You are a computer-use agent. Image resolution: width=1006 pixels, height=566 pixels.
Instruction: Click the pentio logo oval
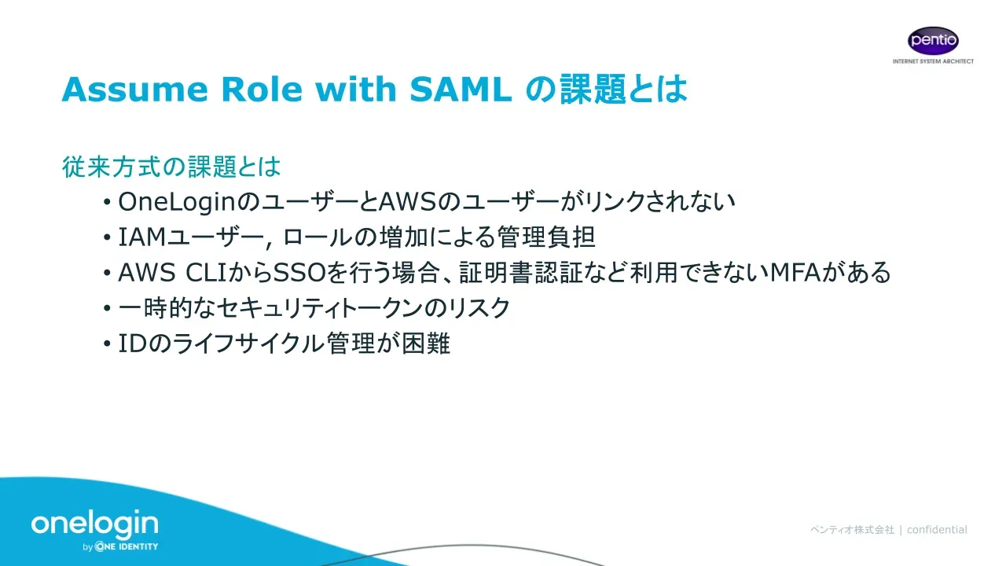coord(933,40)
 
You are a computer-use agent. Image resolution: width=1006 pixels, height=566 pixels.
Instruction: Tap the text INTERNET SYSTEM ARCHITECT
coord(933,61)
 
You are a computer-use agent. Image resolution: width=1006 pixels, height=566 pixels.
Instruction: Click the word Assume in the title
coord(134,89)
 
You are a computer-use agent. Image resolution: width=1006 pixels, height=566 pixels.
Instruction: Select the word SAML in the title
coord(461,89)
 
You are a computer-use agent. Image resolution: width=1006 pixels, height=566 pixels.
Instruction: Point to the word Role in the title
coord(262,89)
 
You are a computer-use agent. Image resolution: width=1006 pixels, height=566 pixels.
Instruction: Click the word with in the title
coord(356,89)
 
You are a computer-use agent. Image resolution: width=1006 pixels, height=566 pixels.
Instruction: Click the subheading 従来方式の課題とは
coord(171,167)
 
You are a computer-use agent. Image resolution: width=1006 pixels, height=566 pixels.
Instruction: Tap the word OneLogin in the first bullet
coord(177,202)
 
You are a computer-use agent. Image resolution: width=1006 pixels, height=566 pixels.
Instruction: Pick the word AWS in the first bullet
coord(407,202)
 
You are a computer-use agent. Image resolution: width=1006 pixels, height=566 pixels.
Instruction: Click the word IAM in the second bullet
coord(142,237)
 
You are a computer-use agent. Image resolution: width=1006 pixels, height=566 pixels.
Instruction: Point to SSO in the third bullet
coord(299,273)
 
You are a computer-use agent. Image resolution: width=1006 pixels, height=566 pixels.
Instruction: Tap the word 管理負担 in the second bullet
coord(546,237)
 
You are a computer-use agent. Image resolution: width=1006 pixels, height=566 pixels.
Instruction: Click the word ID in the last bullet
coord(133,344)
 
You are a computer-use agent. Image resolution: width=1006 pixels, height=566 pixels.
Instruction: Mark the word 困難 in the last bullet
coord(425,344)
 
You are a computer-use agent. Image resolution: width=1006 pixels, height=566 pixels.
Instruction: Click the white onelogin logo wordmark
coord(95,524)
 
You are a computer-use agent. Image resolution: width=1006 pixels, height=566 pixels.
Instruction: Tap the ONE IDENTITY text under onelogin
coord(127,546)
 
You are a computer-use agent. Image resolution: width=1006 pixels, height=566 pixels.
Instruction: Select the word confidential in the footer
coord(937,530)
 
